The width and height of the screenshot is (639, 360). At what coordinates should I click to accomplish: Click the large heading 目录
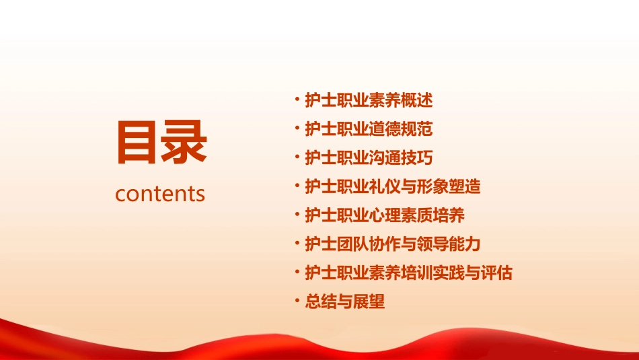tap(161, 143)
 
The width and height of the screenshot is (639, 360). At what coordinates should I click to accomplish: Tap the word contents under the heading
tap(160, 194)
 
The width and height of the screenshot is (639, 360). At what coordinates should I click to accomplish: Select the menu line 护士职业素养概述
tap(369, 101)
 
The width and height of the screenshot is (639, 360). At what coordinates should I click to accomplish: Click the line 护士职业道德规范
tap(369, 129)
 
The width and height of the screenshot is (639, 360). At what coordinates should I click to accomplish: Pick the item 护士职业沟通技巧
tap(369, 158)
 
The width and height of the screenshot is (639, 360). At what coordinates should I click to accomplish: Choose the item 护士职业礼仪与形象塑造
tap(393, 186)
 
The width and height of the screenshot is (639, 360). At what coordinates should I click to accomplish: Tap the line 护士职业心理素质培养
tap(385, 215)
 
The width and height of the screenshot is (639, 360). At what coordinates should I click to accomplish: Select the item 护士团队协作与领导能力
tap(393, 244)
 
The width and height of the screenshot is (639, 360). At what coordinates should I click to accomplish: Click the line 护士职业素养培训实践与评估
tap(409, 273)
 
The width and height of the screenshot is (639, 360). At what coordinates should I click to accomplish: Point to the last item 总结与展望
tap(345, 301)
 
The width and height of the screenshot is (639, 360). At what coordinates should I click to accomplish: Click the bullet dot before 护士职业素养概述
tap(297, 101)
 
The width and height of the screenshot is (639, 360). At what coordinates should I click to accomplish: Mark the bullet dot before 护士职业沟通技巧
tap(297, 158)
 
